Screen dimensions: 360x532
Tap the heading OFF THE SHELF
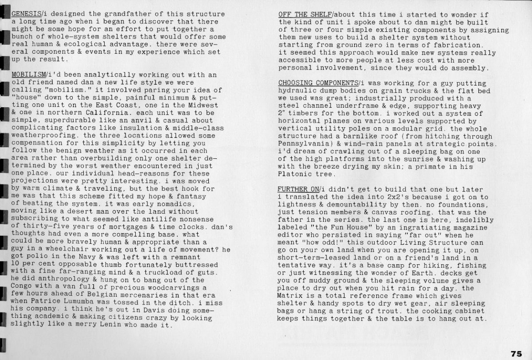click(x=301, y=14)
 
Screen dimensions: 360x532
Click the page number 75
click(x=516, y=353)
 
